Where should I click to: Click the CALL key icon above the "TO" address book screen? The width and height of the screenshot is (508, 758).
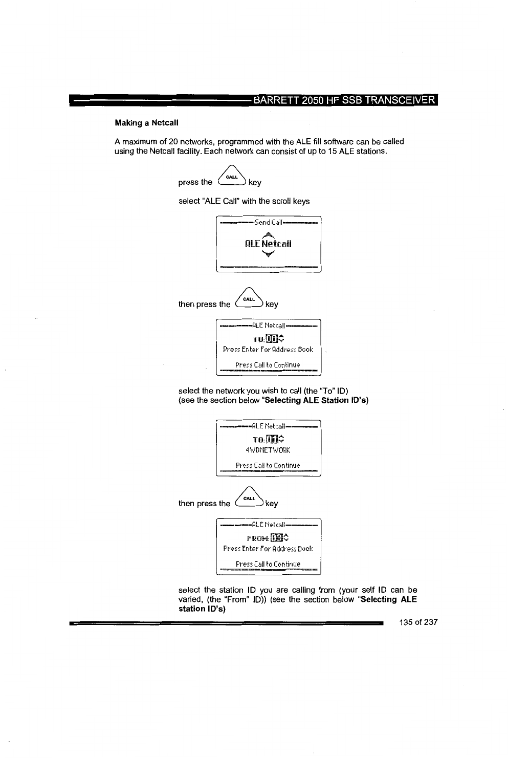249,299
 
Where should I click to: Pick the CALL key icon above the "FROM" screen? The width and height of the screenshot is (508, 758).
249,499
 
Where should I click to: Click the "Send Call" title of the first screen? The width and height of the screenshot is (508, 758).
268,223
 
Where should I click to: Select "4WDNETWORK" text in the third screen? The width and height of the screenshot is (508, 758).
268,450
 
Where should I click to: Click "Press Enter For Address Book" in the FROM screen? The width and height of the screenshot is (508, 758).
268,548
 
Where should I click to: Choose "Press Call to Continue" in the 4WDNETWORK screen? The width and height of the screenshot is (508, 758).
268,465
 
